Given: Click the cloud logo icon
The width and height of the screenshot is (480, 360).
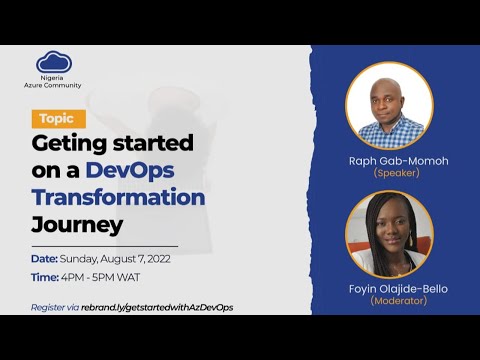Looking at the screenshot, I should coord(56,62).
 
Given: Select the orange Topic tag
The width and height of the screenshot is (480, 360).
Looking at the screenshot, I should coord(58,118).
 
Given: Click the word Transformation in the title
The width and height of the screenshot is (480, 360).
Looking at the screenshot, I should coord(118,196).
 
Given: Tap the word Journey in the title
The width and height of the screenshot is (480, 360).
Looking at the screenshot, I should coord(77,222).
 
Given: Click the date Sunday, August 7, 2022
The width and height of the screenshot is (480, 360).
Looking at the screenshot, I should coord(129,259).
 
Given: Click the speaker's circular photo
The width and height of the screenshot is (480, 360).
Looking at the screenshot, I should coord(389,105).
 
